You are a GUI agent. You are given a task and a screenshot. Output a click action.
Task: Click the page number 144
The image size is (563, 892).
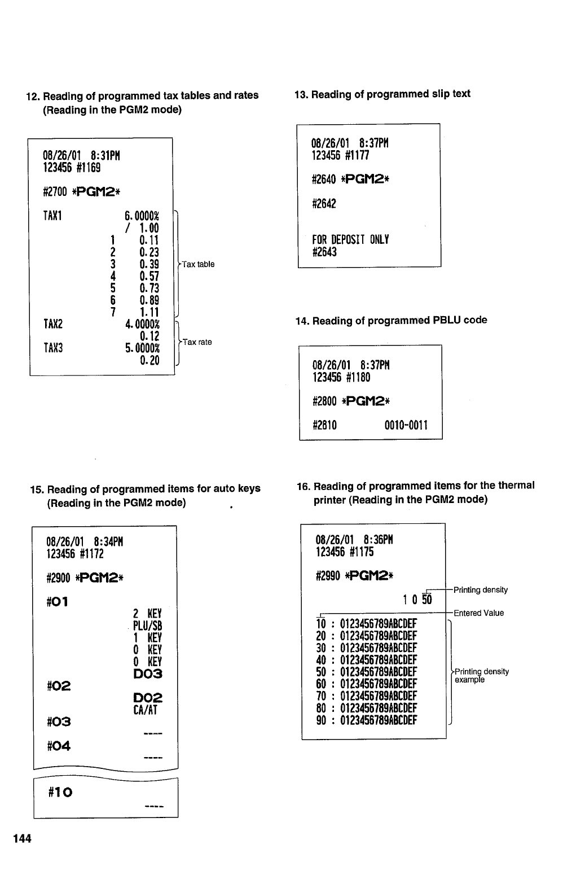[23, 838]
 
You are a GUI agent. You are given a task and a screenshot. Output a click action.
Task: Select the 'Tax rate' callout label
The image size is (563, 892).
[197, 342]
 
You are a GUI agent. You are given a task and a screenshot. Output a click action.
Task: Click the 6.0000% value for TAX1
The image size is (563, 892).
[142, 216]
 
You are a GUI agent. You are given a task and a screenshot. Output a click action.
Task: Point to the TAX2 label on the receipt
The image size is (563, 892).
[53, 324]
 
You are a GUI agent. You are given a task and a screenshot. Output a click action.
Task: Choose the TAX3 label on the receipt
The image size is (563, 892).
[53, 348]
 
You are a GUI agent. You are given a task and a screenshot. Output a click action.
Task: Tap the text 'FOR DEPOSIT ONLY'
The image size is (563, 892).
[350, 239]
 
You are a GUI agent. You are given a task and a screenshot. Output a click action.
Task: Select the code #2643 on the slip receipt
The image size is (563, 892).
[324, 252]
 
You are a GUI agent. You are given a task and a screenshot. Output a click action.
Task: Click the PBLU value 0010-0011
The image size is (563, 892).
[406, 425]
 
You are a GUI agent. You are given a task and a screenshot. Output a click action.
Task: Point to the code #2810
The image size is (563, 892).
[325, 425]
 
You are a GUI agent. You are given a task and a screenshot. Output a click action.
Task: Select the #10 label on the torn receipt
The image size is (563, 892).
[61, 792]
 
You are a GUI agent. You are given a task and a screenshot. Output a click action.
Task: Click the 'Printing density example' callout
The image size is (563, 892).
[481, 675]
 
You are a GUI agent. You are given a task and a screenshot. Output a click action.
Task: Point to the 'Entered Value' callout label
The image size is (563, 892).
[478, 613]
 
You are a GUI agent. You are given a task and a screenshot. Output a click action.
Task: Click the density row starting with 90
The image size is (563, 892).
[367, 720]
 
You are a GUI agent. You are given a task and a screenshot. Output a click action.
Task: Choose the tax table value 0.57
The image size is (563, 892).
[149, 276]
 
